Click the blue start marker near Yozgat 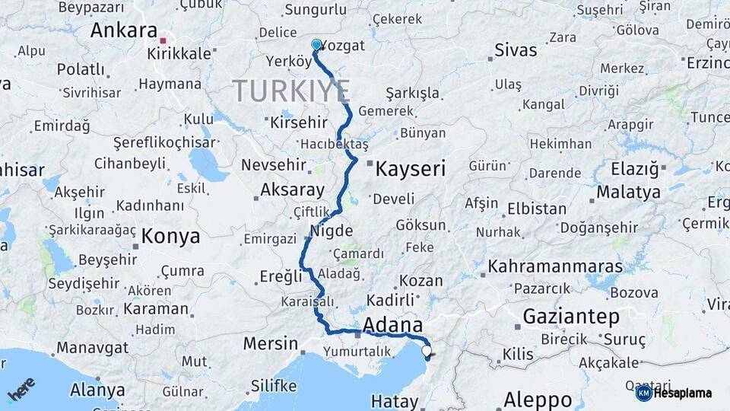tap(316, 45)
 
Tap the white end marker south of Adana tap(427, 351)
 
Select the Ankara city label tap(123, 30)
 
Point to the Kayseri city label tap(411, 168)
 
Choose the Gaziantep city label tap(570, 316)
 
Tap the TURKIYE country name tap(291, 91)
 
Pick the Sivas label tap(516, 51)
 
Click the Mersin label tap(270, 344)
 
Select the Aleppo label tap(538, 399)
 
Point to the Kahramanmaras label tap(554, 267)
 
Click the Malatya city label tap(628, 193)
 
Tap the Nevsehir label tap(271, 165)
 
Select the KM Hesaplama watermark tap(674, 393)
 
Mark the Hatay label tap(395, 401)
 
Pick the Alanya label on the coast tap(97, 390)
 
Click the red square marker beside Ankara tap(163, 33)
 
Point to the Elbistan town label tap(537, 209)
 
